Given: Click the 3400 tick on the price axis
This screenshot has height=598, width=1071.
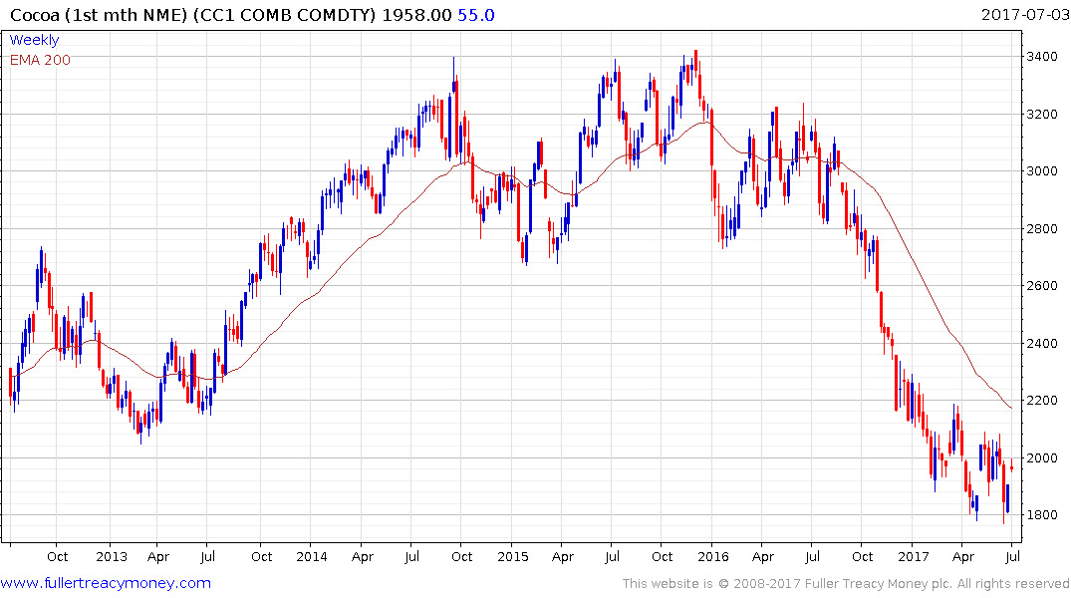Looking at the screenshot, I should (x=1042, y=57).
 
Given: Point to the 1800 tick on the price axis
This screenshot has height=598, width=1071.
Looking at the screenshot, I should (x=1042, y=515).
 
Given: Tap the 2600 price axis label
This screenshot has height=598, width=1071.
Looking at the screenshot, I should (x=1042, y=286).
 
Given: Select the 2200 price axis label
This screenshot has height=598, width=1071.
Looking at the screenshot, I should (x=1042, y=401).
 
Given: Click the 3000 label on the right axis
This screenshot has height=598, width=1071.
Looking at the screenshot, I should (x=1042, y=171).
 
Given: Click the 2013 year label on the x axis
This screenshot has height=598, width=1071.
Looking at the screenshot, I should (x=112, y=557).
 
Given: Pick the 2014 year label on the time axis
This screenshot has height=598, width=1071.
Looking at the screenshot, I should (x=312, y=557).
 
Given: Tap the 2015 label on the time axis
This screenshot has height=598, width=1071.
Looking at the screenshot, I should (x=512, y=557).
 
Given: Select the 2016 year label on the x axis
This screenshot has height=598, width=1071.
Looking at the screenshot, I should (x=712, y=557).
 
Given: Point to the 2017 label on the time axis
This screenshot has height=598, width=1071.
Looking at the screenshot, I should (x=913, y=557).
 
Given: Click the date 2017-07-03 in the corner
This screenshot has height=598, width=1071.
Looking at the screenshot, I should (x=1023, y=15).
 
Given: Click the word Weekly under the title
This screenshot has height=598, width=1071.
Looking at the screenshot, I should (x=34, y=40).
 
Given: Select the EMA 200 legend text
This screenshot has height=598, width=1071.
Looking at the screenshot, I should (x=40, y=60).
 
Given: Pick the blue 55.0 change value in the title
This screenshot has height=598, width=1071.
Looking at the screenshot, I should (x=476, y=15).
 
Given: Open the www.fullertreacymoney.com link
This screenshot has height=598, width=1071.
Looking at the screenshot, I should (x=107, y=583).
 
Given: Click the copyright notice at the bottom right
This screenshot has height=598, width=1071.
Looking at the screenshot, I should (x=846, y=584).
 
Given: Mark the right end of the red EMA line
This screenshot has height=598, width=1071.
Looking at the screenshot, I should (x=1012, y=408).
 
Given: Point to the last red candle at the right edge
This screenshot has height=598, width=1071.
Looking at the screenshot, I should (x=1012, y=466).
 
